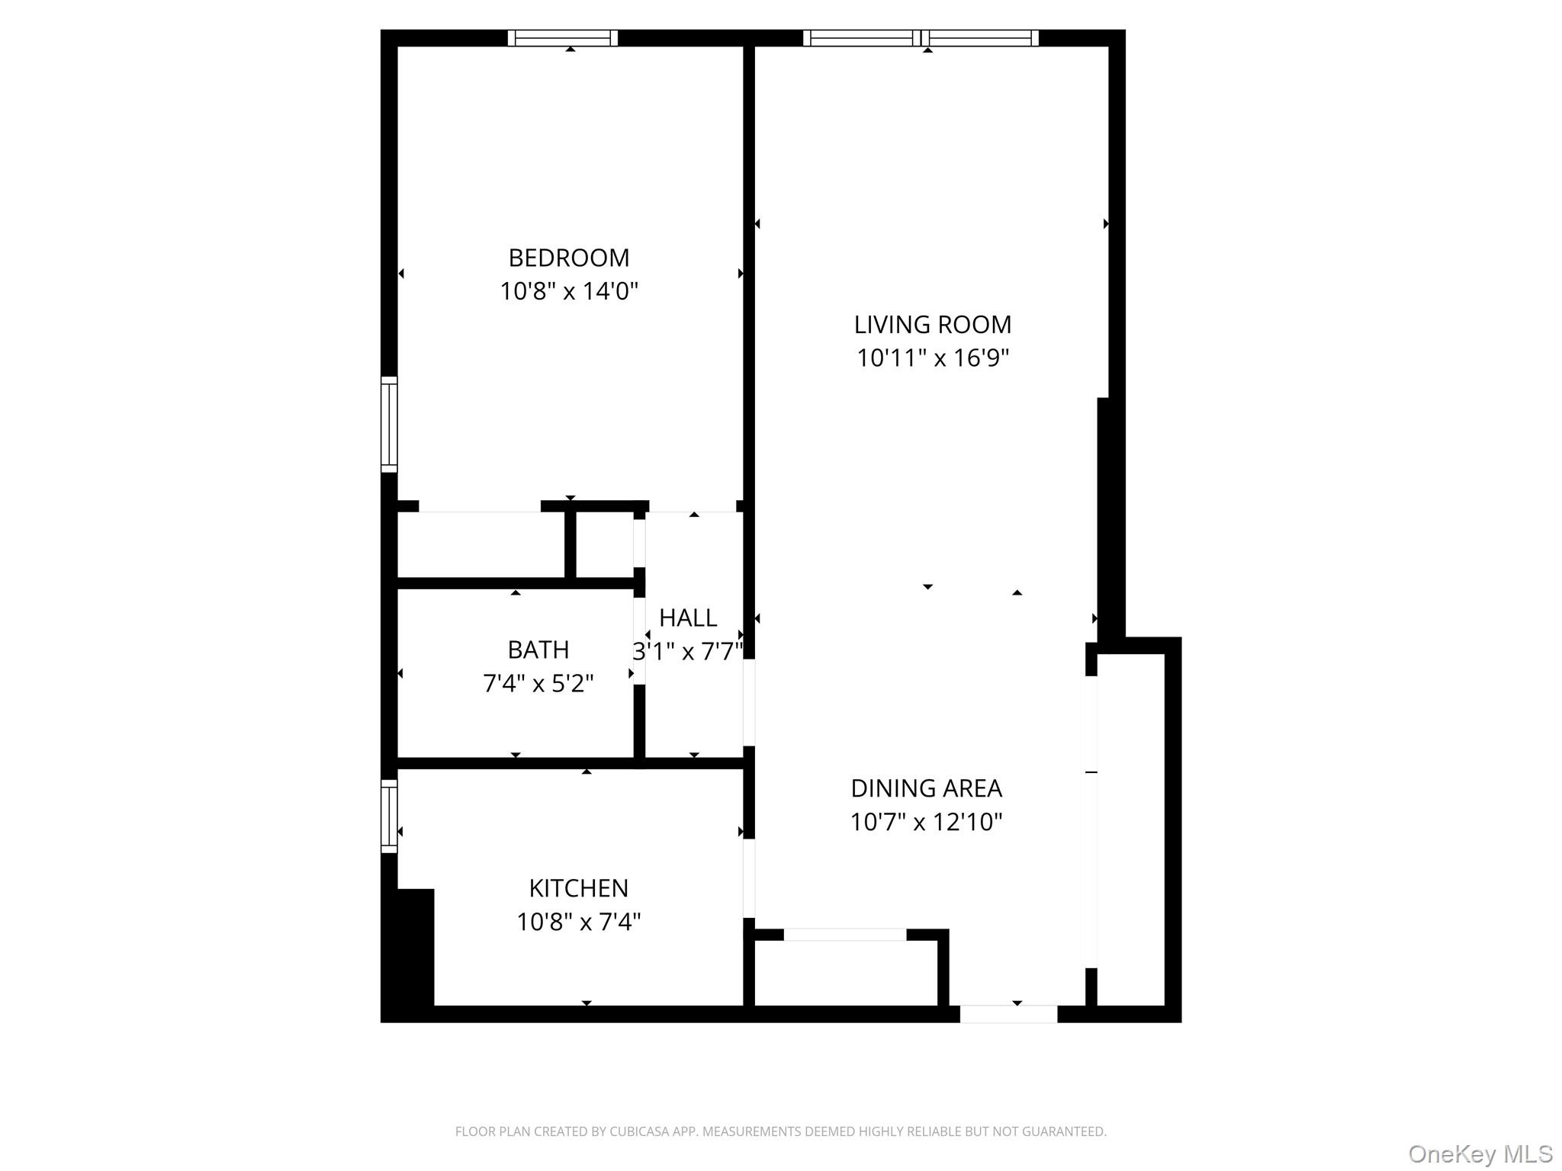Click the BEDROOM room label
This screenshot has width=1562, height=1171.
[569, 258]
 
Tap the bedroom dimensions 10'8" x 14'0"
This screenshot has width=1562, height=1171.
[569, 291]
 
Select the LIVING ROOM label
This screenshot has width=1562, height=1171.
[932, 325]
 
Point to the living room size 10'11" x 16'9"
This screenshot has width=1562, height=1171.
[932, 358]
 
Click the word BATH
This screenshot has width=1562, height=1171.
[538, 650]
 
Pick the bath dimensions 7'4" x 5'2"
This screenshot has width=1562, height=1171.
[538, 683]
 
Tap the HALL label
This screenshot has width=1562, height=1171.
[688, 618]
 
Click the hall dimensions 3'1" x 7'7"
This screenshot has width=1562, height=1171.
[688, 651]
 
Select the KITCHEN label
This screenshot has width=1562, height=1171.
[578, 888]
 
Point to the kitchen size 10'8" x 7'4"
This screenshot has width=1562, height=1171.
[578, 922]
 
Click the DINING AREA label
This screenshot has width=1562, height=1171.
[926, 788]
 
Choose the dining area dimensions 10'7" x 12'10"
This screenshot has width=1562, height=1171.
[926, 822]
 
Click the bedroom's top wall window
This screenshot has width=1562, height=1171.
[563, 38]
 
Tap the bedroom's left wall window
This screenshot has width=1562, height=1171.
[389, 424]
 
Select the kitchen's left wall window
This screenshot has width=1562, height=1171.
[389, 816]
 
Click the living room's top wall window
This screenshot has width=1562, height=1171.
[921, 38]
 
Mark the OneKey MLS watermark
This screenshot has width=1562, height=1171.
[1480, 1153]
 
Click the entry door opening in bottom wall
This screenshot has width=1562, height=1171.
[1008, 1014]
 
